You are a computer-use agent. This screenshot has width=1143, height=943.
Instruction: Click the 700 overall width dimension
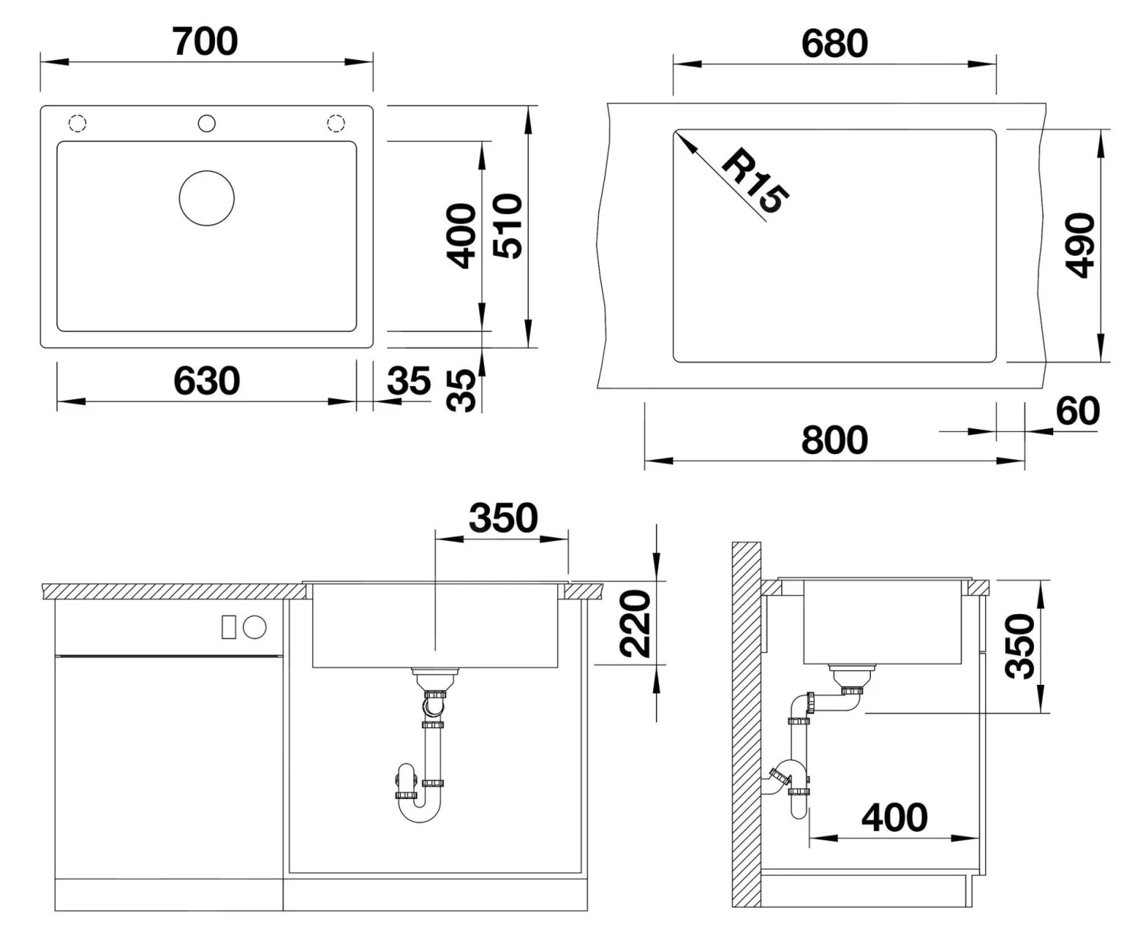(205, 41)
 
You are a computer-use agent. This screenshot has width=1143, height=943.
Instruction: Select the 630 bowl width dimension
(207, 380)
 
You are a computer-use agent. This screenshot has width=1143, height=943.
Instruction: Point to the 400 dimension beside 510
(461, 235)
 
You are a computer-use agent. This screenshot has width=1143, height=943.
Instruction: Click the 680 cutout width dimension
(834, 43)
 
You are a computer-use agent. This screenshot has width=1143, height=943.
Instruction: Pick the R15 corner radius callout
(754, 182)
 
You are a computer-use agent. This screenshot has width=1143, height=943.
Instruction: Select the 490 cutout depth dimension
(1080, 245)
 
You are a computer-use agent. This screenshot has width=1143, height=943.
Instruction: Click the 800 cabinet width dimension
(834, 440)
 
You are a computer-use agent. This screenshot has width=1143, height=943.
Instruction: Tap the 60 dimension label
(1077, 411)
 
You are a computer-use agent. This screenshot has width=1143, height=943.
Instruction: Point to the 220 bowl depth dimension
(634, 623)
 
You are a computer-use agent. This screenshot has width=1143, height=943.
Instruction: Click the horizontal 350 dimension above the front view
(503, 518)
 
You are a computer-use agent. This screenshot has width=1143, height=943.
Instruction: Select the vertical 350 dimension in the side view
(1020, 646)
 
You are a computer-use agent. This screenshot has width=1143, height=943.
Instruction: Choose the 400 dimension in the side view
(895, 817)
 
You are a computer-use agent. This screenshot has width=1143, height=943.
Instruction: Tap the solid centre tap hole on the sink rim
(207, 123)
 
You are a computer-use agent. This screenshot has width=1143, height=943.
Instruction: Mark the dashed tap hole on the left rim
(78, 123)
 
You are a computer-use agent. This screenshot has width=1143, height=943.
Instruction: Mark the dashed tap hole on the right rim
(335, 123)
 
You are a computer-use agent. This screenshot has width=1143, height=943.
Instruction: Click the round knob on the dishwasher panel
(255, 628)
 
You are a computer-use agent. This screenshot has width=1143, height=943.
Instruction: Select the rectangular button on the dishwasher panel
(228, 628)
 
